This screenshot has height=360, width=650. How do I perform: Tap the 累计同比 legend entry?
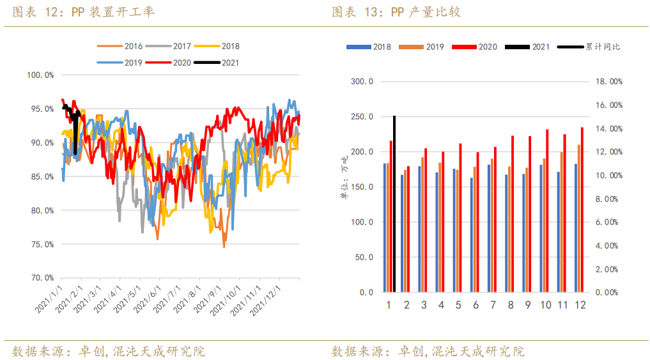click(589, 47)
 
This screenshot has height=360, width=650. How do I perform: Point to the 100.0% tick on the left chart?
click(40, 75)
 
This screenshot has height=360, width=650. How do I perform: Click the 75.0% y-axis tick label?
click(40, 244)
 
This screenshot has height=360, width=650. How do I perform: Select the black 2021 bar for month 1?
click(394, 204)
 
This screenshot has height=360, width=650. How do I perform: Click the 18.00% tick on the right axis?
click(608, 82)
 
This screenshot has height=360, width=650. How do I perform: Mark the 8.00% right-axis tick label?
click(608, 199)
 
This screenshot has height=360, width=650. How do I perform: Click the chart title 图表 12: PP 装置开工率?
click(83, 12)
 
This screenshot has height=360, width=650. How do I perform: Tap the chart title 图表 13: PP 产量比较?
click(396, 12)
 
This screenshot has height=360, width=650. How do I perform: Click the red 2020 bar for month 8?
click(513, 214)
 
